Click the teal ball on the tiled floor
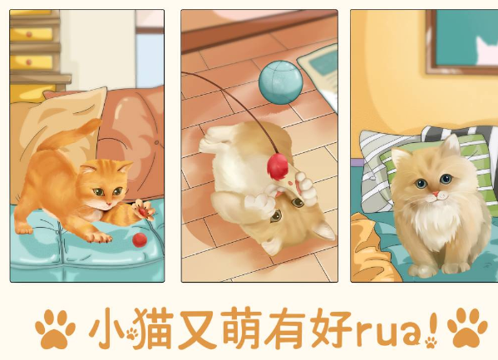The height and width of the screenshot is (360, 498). click(x=280, y=82)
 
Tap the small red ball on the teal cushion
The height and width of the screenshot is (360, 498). click(x=140, y=240)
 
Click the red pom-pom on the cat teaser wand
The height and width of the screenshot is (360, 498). click(x=277, y=166)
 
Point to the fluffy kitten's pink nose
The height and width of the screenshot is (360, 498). click(x=436, y=194)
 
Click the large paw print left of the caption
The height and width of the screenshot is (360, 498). click(x=55, y=328)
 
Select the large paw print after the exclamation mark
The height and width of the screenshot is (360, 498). click(x=467, y=328)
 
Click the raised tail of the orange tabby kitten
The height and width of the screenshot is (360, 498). click(x=70, y=135)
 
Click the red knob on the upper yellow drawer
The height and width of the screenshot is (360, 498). click(x=29, y=34)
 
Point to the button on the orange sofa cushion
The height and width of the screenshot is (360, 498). click(x=156, y=143)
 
